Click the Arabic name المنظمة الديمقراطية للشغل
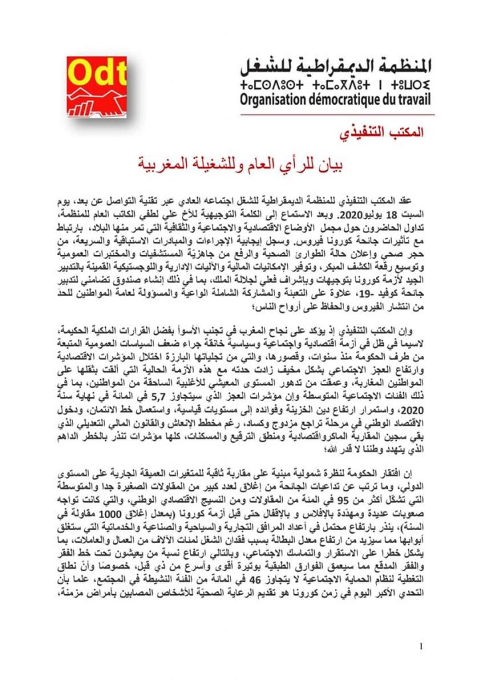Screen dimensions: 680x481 (336, 66)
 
